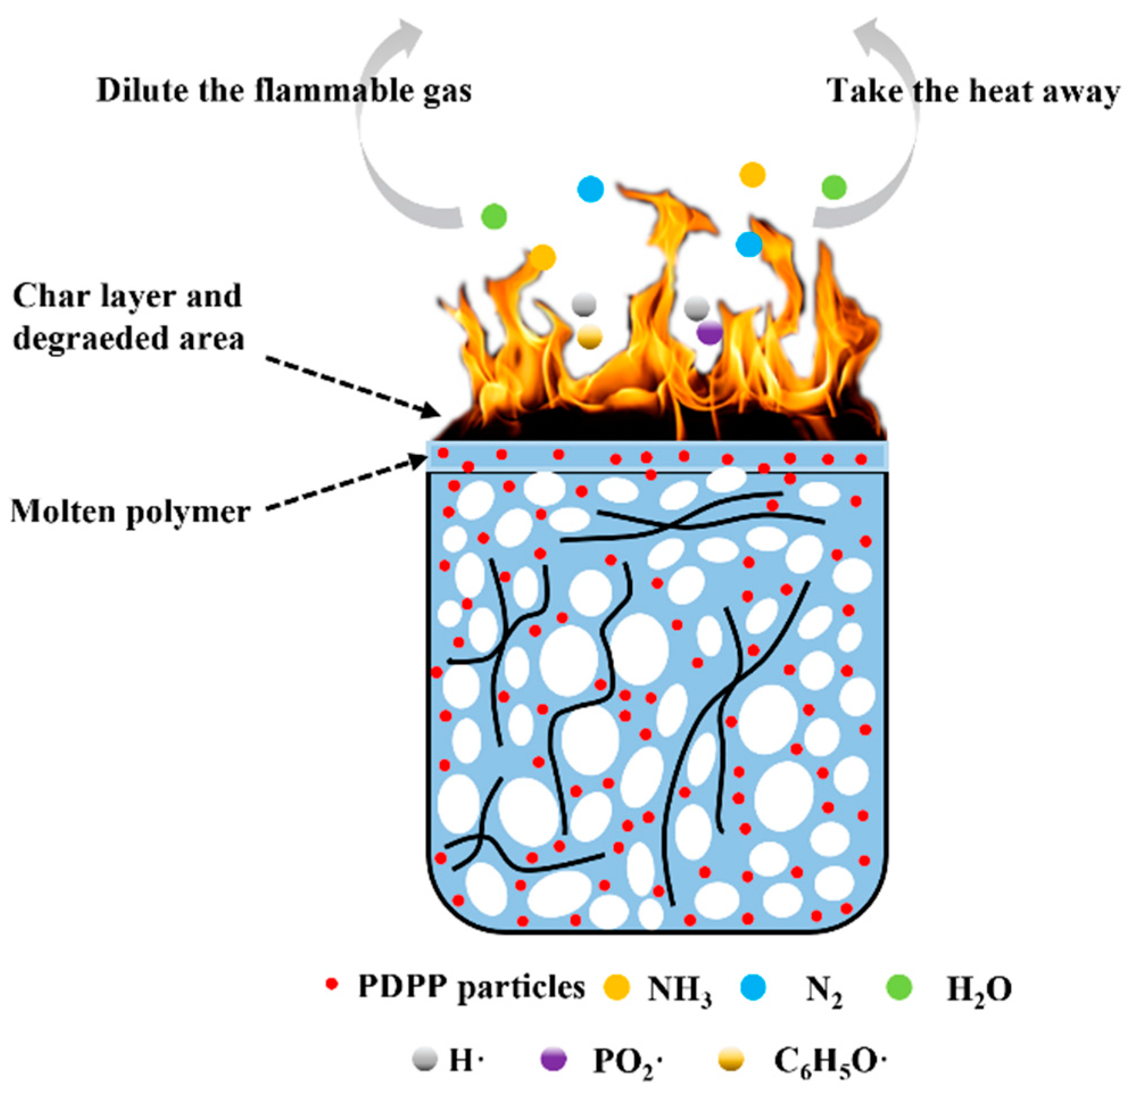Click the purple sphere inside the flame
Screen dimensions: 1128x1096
710,333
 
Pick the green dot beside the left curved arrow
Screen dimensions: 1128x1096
494,216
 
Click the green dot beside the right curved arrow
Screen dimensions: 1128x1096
833,187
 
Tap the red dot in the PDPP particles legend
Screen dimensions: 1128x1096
331,984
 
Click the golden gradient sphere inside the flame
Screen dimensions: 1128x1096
589,337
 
